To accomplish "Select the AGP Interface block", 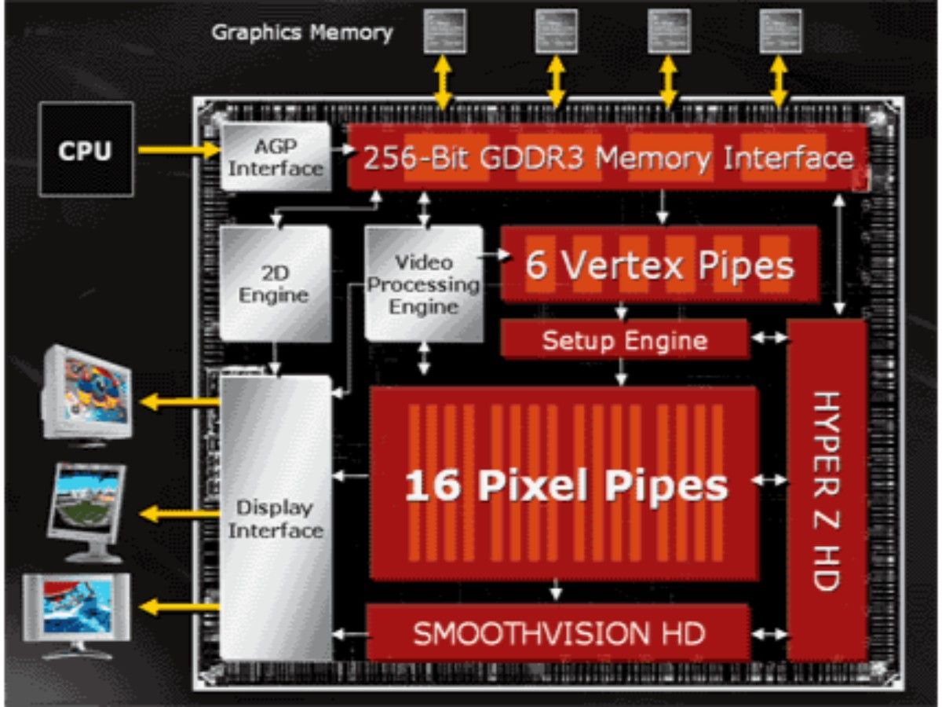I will click(x=276, y=156).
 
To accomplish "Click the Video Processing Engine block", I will click(x=424, y=284).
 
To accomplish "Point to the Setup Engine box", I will click(x=624, y=341).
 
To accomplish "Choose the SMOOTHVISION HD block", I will click(x=558, y=633).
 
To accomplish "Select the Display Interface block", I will click(x=276, y=518).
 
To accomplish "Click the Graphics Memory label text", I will click(x=301, y=33).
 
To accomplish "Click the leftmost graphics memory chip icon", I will click(x=444, y=31).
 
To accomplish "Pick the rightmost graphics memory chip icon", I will click(x=780, y=31).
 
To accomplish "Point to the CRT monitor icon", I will click(x=86, y=393).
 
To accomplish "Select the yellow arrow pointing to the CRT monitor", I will click(x=179, y=403).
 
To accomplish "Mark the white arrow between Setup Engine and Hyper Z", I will click(x=769, y=339).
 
